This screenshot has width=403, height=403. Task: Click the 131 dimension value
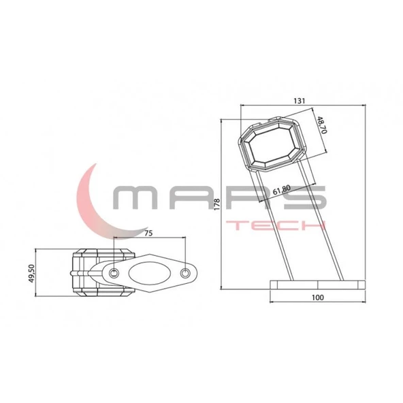point(299,100)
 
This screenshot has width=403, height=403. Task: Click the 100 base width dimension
point(317,297)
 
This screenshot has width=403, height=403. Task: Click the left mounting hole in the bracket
point(114,272)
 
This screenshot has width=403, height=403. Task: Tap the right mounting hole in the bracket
point(186,273)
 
